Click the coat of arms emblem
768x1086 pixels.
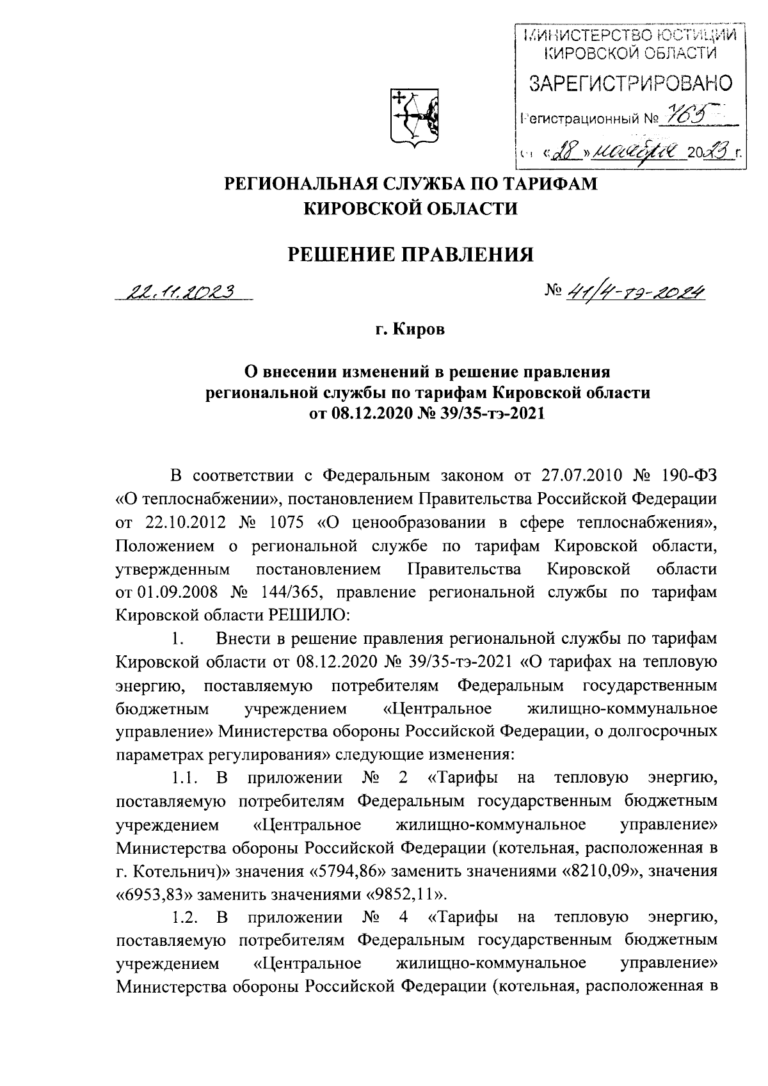(x=414, y=116)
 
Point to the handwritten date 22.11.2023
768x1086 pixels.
(x=180, y=292)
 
